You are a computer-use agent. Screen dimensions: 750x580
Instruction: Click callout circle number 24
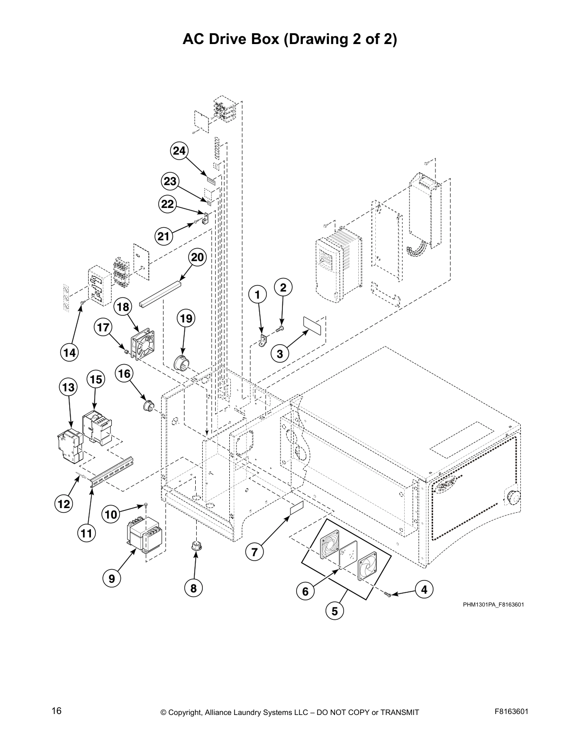pyautogui.click(x=179, y=151)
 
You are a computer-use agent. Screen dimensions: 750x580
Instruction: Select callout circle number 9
pyautogui.click(x=111, y=578)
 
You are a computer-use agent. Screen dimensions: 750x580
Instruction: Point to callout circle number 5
pyautogui.click(x=335, y=611)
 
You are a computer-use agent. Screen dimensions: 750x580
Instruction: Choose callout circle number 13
pyautogui.click(x=68, y=388)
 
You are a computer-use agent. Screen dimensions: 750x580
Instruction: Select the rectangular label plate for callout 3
pyautogui.click(x=313, y=325)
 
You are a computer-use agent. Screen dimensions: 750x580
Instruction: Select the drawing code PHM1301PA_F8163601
pyautogui.click(x=493, y=605)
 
